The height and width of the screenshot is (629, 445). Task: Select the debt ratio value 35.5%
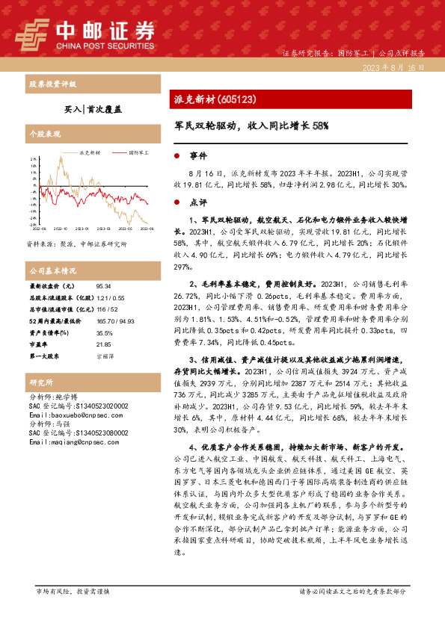(104, 333)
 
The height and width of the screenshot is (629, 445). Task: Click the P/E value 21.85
(103, 344)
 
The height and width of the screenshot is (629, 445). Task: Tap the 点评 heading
(198, 202)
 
